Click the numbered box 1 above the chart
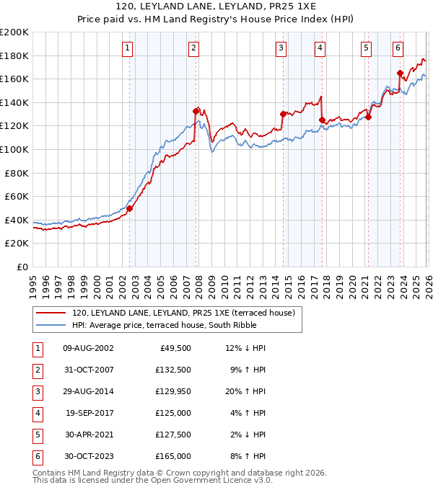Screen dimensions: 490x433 point(127,48)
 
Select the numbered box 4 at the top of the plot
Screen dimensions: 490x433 point(319,48)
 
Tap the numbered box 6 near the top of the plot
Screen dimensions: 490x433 point(398,48)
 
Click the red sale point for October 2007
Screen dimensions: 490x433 point(196,111)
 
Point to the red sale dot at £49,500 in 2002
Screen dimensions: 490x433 point(130,208)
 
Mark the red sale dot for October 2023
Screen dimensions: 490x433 point(400,73)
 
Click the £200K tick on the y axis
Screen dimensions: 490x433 point(14,32)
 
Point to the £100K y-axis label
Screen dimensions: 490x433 point(14,149)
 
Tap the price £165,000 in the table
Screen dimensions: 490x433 point(173,456)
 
